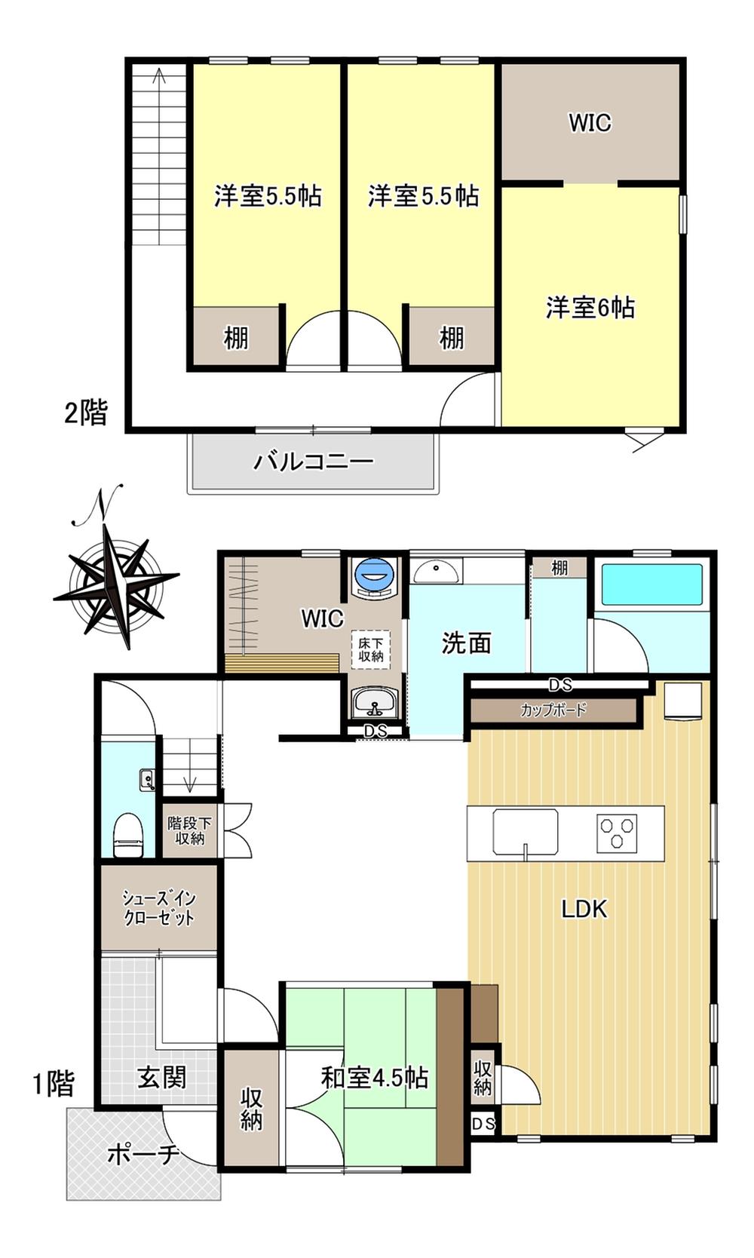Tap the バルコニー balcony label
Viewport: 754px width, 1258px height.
tap(313, 462)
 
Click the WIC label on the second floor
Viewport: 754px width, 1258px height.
tap(590, 122)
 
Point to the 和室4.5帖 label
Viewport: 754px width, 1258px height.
tap(375, 1078)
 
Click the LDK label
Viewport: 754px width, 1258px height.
tap(584, 909)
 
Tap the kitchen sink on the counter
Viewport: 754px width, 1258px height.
tap(526, 833)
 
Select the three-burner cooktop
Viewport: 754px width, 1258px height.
tap(617, 830)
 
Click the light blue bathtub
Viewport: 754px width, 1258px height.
tap(651, 585)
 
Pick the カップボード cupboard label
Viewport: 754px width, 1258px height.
tap(553, 710)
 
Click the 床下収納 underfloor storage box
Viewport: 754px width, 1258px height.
tap(370, 650)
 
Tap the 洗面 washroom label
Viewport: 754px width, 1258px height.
tap(466, 643)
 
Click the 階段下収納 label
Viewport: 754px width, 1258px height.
tap(190, 830)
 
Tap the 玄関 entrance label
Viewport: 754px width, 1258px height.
tap(161, 1078)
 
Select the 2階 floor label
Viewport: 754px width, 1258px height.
tap(85, 413)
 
